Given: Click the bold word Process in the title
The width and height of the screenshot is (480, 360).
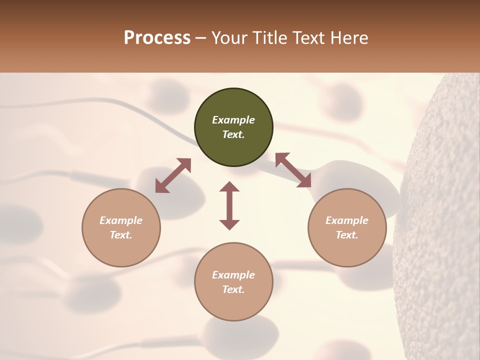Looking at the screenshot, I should pyautogui.click(x=157, y=38).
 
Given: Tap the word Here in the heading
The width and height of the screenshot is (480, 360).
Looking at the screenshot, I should pyautogui.click(x=349, y=38).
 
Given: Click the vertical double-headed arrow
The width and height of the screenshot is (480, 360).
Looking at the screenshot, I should pyautogui.click(x=229, y=206).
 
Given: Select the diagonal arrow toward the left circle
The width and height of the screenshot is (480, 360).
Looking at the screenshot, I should pyautogui.click(x=173, y=175).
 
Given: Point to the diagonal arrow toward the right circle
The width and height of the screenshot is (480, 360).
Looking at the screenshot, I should pyautogui.click(x=293, y=170).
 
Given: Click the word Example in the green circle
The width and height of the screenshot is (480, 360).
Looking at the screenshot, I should pyautogui.click(x=233, y=120).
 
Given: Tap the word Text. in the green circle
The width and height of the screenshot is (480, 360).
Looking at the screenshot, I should pyautogui.click(x=233, y=134).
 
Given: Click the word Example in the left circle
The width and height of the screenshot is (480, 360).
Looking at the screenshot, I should pyautogui.click(x=121, y=220).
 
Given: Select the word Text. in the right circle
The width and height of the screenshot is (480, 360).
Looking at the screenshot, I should pyautogui.click(x=347, y=235).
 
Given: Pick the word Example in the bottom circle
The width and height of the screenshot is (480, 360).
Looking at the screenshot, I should pyautogui.click(x=233, y=275).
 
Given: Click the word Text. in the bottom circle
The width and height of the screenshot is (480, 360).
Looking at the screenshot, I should pyautogui.click(x=233, y=289).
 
